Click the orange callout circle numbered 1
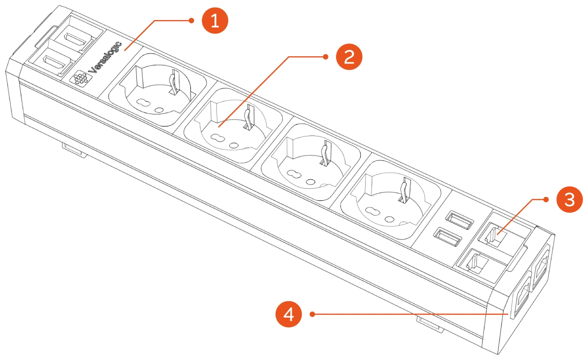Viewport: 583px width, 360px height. (215, 21)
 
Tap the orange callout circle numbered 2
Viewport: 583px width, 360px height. (349, 57)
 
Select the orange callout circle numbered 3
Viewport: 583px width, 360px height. (569, 200)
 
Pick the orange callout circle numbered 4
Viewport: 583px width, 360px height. (288, 314)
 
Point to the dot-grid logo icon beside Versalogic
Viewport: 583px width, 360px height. (80, 78)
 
